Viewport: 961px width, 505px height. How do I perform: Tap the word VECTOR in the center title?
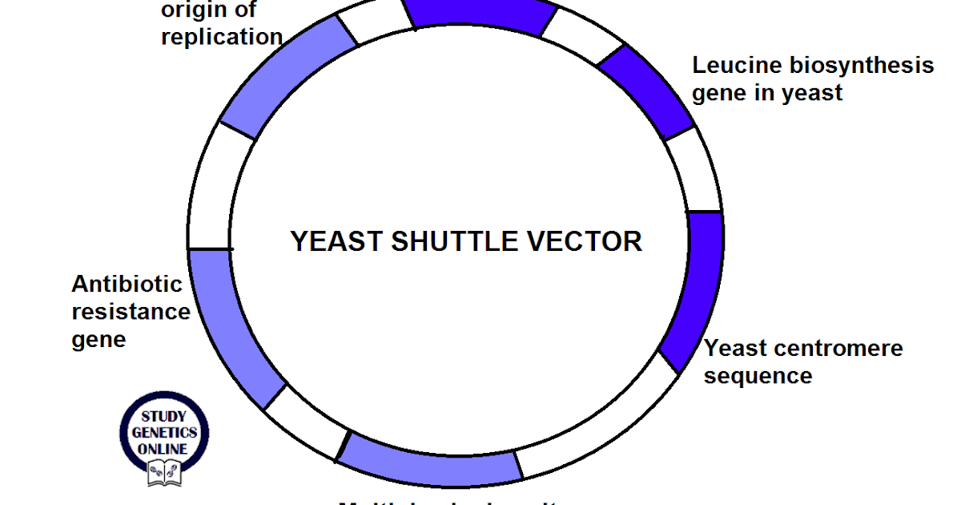588,240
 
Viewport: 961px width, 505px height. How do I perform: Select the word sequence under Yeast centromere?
758,375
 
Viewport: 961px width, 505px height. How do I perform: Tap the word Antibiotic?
127,284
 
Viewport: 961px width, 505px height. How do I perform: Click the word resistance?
131,311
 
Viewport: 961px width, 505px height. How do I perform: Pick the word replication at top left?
222,37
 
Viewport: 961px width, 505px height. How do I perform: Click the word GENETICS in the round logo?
165,433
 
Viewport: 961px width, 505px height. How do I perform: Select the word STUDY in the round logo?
165,417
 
